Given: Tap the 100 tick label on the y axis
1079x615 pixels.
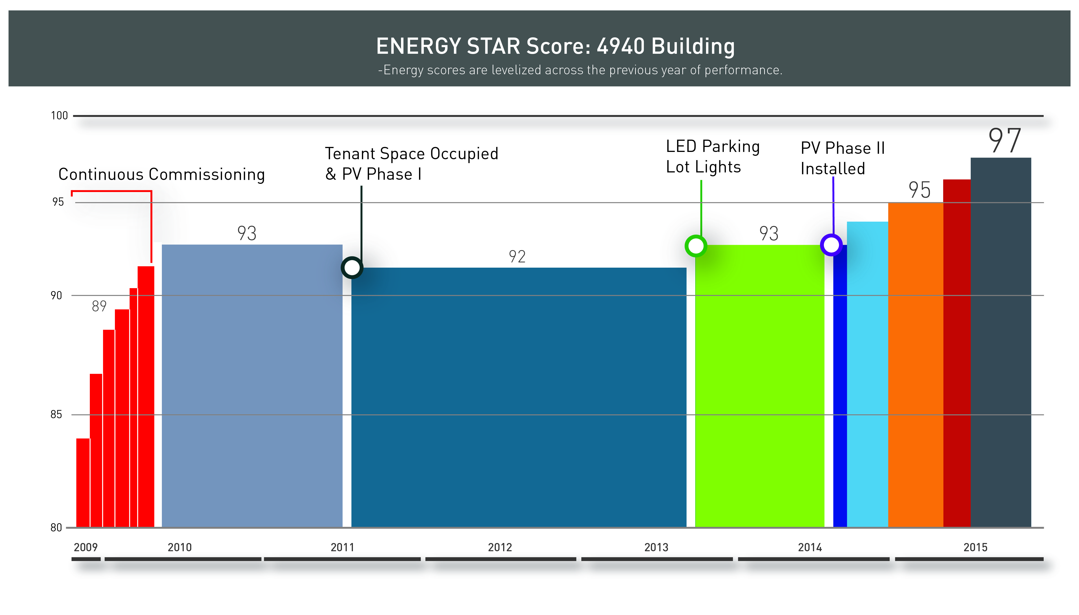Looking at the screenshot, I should [x=59, y=116].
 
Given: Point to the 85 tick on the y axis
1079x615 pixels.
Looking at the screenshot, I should [x=56, y=414].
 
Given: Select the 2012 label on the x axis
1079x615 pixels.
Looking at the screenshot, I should [x=499, y=547].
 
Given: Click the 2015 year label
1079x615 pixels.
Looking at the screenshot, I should [x=975, y=547].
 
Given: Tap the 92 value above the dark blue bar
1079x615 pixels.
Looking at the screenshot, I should [x=517, y=257].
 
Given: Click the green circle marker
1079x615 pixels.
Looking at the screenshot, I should [x=696, y=246].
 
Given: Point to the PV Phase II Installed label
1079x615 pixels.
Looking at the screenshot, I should [x=842, y=158].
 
